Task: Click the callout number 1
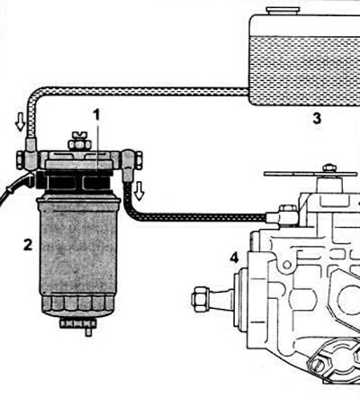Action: pos(96,115)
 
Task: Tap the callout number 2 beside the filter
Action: pos(28,245)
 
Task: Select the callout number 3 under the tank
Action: pos(317,119)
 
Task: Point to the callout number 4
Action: pos(234,258)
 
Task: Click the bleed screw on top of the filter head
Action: pos(79,141)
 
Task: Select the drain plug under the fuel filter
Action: pos(78,326)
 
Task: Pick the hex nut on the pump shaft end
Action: pos(199,298)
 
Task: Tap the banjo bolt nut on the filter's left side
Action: pos(20,160)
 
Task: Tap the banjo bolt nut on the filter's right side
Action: pos(139,160)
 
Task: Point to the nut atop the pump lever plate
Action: pos(329,168)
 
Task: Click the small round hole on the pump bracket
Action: pos(287,265)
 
